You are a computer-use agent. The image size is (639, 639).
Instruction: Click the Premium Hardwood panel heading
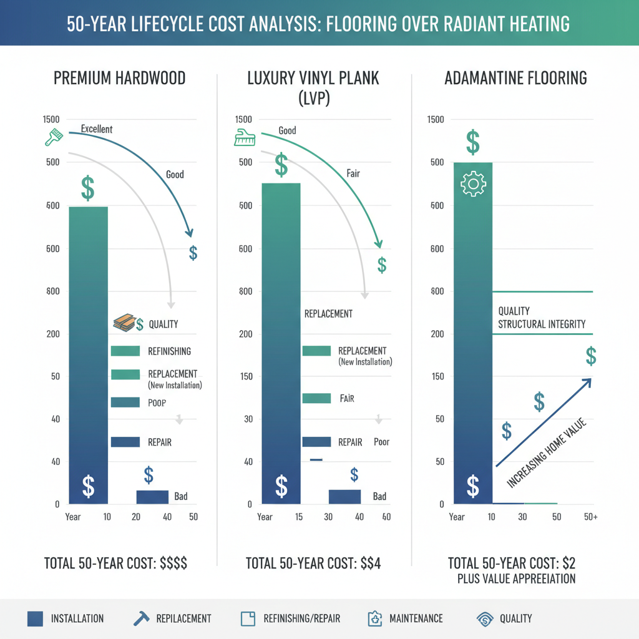(x=119, y=79)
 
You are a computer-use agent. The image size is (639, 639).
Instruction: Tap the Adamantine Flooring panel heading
(x=515, y=79)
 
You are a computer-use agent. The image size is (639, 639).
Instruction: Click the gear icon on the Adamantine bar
(x=472, y=183)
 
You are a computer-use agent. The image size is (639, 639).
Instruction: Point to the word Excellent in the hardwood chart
(x=97, y=129)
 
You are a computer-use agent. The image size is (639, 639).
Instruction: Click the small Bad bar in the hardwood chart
(x=152, y=497)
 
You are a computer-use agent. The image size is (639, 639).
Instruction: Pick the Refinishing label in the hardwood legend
(x=170, y=351)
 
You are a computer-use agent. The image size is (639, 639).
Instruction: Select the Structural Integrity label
(x=541, y=324)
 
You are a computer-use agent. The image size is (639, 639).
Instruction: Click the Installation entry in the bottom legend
(x=77, y=618)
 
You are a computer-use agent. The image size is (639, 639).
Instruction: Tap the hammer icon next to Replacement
(x=140, y=618)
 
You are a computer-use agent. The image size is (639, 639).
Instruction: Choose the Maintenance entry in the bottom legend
(x=416, y=618)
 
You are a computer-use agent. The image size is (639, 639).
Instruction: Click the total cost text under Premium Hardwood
(x=115, y=563)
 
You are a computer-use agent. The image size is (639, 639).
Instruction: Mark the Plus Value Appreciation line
(x=516, y=578)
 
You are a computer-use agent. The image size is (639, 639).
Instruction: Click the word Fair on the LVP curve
(x=353, y=173)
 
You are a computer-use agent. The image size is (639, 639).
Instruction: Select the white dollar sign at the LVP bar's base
(x=281, y=485)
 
